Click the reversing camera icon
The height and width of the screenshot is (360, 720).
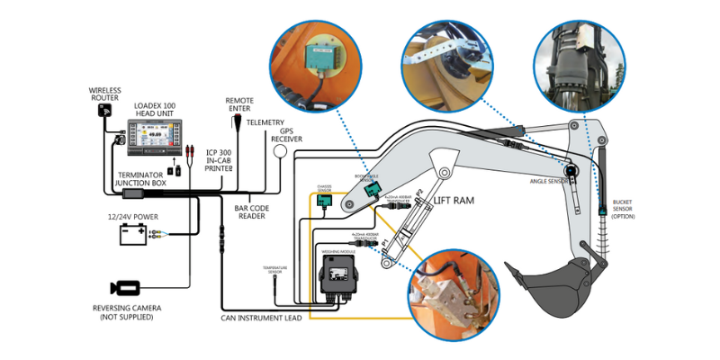126,288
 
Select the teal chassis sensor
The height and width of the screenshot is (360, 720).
325,201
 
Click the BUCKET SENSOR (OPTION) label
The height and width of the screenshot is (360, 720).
627,210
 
